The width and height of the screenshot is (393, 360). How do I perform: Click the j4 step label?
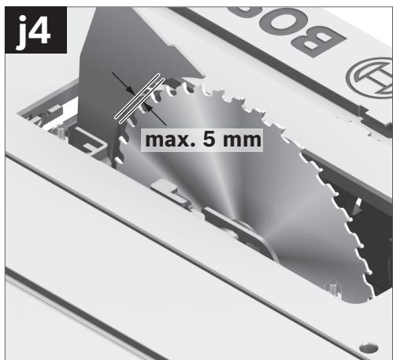[x=35, y=30]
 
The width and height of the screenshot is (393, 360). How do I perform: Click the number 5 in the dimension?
[x=209, y=139]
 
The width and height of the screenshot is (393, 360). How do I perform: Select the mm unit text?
[x=242, y=140]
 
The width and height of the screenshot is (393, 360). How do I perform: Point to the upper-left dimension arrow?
[x=124, y=84]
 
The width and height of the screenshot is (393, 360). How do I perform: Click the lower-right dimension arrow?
[x=155, y=115]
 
